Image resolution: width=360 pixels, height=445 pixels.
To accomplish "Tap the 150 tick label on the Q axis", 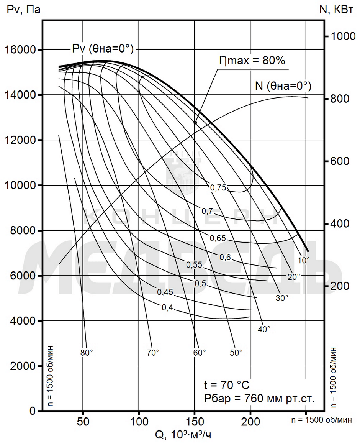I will (194, 422).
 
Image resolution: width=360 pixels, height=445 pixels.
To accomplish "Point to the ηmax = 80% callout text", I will (252, 60).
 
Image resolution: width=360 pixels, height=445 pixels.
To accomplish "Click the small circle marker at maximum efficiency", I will (195, 123).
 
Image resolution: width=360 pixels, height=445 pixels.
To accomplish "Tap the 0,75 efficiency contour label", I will (218, 187).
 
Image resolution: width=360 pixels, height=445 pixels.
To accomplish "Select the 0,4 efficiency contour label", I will (167, 307).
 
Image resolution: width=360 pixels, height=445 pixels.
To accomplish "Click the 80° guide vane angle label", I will (87, 353).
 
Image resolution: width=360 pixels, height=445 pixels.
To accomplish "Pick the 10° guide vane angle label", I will (303, 261).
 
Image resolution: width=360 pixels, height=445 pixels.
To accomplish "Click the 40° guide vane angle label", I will (264, 329).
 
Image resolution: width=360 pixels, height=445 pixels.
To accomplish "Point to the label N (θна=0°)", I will (283, 86).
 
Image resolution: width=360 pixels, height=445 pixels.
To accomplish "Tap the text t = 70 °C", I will (227, 384).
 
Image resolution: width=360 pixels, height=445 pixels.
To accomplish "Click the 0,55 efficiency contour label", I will (194, 264).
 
